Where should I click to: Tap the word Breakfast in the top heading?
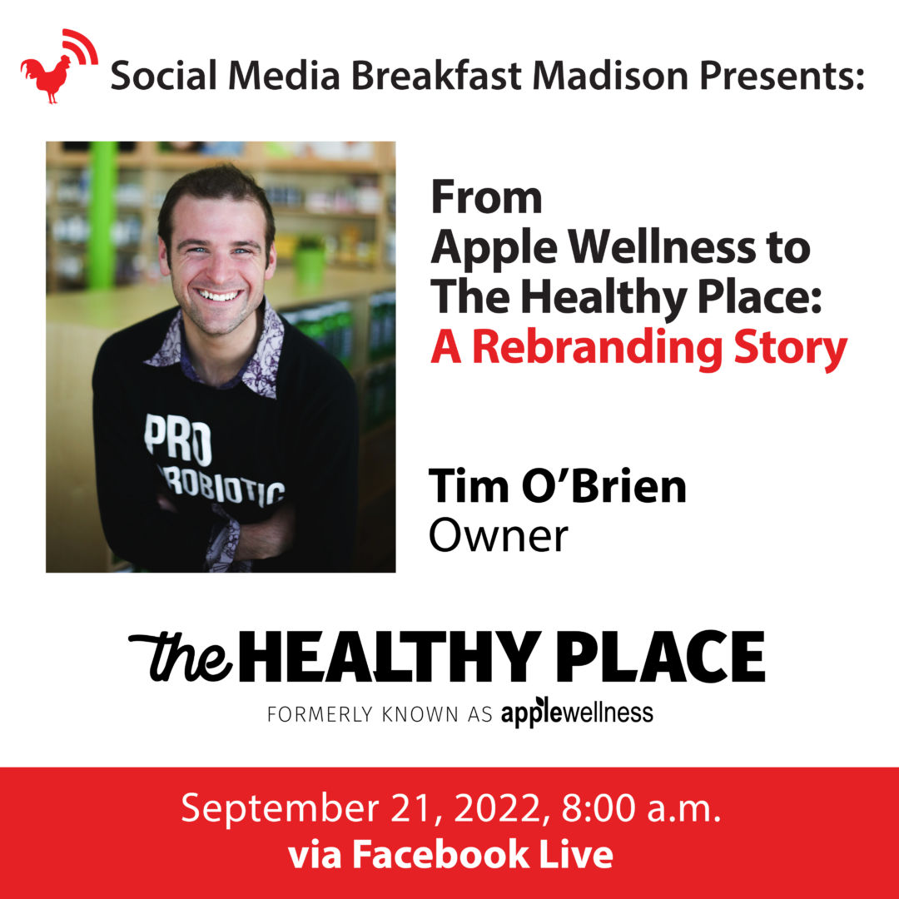point(435,76)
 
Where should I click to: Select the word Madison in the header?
point(610,76)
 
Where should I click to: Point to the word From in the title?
point(486,198)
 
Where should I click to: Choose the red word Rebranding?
point(596,349)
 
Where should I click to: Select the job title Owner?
point(499,535)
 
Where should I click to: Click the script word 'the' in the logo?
point(181,656)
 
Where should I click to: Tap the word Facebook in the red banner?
point(440,854)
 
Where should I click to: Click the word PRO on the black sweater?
point(178,440)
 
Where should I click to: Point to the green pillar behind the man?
point(102,215)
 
